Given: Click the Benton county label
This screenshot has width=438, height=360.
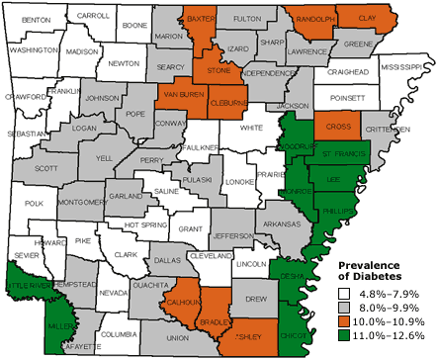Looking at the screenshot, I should pyautogui.click(x=35, y=20).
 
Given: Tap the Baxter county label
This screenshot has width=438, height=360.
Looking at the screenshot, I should pyautogui.click(x=201, y=19).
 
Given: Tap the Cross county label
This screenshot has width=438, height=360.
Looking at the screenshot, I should pyautogui.click(x=338, y=128).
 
